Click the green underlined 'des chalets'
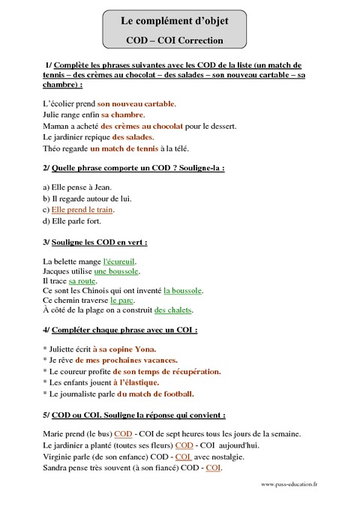pyautogui.click(x=173, y=309)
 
